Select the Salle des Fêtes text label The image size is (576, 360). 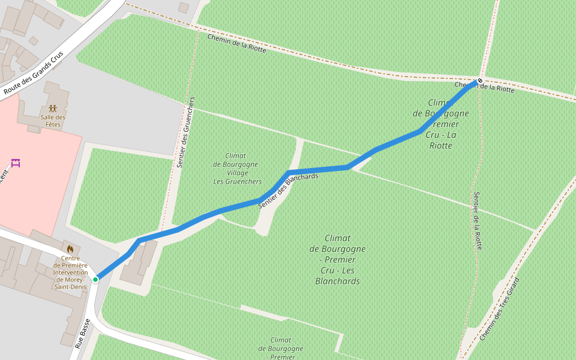(x=53, y=121)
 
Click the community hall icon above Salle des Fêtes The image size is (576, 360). (x=53, y=109)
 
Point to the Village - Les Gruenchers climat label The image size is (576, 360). (x=235, y=169)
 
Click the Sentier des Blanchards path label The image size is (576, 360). (x=288, y=190)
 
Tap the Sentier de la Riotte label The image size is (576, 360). (x=478, y=220)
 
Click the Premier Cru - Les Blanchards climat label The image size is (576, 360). (x=337, y=259)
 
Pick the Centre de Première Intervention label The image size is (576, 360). (x=70, y=272)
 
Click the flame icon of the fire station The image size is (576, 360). (x=70, y=248)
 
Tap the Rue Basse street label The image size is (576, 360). (x=83, y=334)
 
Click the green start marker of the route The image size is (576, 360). (x=95, y=279)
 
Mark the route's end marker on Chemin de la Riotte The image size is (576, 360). (x=479, y=80)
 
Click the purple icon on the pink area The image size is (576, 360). (x=16, y=163)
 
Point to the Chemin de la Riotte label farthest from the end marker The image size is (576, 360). (x=236, y=44)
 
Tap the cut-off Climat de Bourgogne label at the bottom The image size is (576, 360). (x=280, y=348)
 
